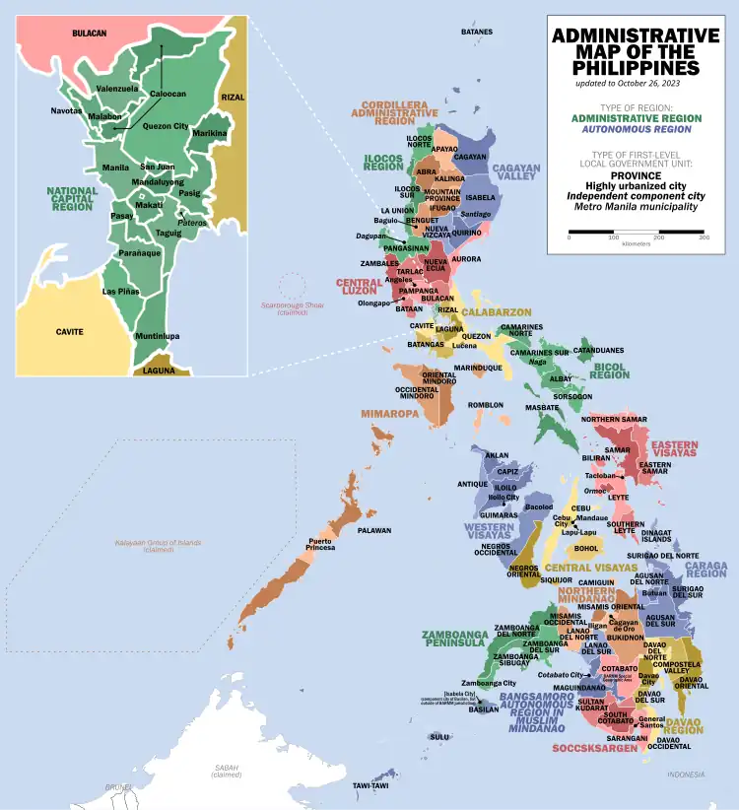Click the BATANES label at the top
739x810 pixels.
coord(476,32)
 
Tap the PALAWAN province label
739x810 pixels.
coord(374,530)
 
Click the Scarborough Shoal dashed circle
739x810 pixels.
coord(293,287)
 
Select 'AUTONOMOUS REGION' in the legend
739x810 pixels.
coord(636,128)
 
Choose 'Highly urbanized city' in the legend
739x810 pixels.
coord(636,185)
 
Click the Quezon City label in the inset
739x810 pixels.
coord(166,126)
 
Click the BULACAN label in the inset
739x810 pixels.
coord(89,34)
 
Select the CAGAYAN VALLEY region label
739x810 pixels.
coord(516,173)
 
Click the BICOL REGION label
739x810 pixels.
coord(610,370)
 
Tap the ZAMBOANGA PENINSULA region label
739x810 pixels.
coord(454,638)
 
